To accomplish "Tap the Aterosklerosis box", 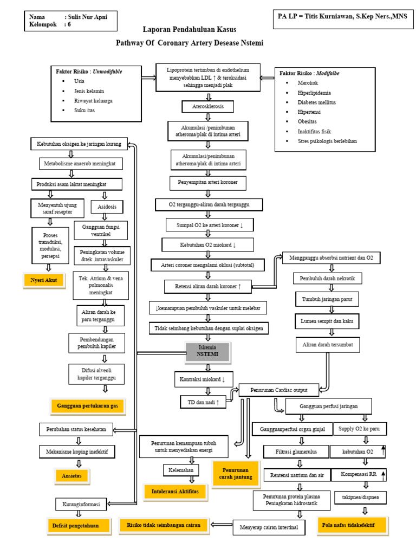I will click(208, 106).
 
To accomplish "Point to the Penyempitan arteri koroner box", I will click(208, 183).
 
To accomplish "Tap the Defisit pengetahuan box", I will click(79, 525).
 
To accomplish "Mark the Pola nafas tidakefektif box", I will click(352, 525).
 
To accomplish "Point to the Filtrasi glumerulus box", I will click(297, 451).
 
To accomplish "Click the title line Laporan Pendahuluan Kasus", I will click(190, 29).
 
